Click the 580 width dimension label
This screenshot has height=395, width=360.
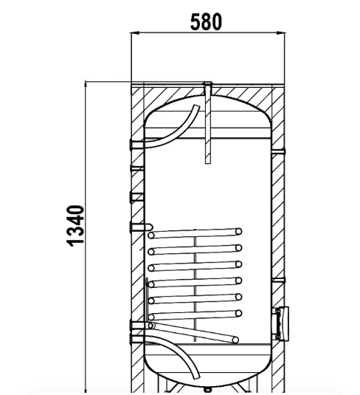(206, 22)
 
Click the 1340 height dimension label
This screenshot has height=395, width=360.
(75, 226)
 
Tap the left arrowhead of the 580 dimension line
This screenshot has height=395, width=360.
(135, 32)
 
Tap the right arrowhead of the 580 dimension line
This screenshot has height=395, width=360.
(281, 32)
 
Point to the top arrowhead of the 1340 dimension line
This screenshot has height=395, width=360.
(86, 85)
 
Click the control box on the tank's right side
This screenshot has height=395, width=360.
(283, 323)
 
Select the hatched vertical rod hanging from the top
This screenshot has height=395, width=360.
(208, 123)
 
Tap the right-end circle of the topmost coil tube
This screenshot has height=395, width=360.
(239, 231)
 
